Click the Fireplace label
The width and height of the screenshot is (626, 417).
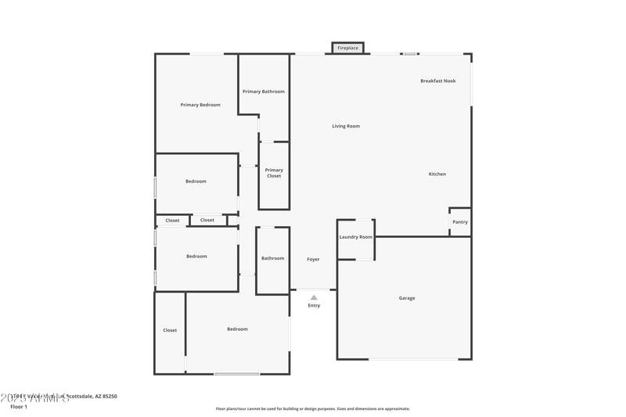click(347, 49)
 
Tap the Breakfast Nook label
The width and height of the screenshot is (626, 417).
click(437, 81)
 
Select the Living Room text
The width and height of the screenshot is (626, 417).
click(346, 126)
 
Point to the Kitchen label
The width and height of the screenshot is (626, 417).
click(437, 174)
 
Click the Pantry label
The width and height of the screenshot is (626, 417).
click(460, 221)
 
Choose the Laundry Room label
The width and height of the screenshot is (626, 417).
click(355, 236)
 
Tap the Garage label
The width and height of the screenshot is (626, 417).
click(407, 298)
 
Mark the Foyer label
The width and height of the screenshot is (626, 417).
click(313, 259)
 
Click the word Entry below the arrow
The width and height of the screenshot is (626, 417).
click(314, 305)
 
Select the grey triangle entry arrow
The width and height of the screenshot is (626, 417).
click(314, 297)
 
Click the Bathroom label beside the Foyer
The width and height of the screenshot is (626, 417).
click(272, 258)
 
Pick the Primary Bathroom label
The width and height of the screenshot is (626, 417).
click(263, 92)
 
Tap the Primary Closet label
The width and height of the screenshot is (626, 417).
click(274, 173)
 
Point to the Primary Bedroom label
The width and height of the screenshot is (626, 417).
click(200, 105)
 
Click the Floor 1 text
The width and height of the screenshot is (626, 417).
click(19, 407)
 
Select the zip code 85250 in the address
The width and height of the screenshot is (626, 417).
click(109, 397)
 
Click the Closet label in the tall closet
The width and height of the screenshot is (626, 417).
click(170, 330)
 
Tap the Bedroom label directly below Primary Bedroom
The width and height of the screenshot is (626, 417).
click(196, 182)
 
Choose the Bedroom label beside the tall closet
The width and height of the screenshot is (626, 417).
click(237, 329)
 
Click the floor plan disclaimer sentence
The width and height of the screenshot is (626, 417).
click(312, 408)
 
